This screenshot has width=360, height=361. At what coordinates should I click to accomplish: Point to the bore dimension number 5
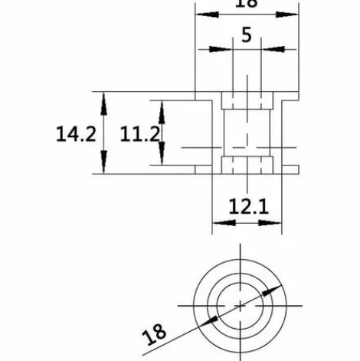pyautogui.click(x=246, y=34)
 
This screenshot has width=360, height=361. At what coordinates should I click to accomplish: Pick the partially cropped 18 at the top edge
pyautogui.click(x=246, y=4)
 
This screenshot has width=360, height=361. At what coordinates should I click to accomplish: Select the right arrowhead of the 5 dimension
pyautogui.click(x=267, y=49)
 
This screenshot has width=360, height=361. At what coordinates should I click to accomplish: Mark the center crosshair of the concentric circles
pyautogui.click(x=241, y=304)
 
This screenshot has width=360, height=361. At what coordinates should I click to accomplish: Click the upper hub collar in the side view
pyautogui.click(x=247, y=100)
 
